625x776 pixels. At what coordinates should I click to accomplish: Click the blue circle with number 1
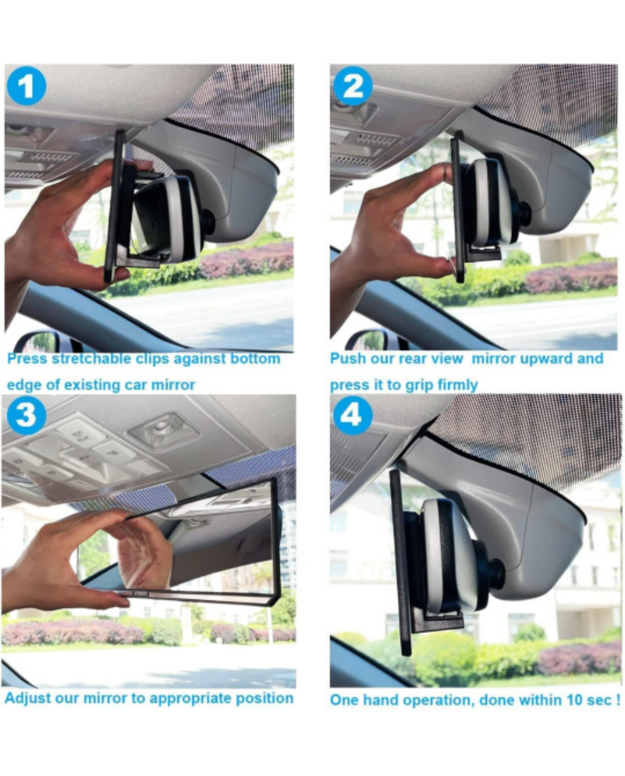(25, 87)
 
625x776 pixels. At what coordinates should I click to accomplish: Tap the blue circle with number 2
(353, 87)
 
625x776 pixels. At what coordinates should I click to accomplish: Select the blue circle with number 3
(25, 415)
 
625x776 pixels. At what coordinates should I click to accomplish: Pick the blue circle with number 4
(352, 415)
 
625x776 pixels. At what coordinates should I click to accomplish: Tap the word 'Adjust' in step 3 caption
(24, 699)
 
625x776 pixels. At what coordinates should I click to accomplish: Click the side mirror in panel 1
(38, 342)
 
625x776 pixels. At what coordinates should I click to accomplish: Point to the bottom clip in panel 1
(142, 260)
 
